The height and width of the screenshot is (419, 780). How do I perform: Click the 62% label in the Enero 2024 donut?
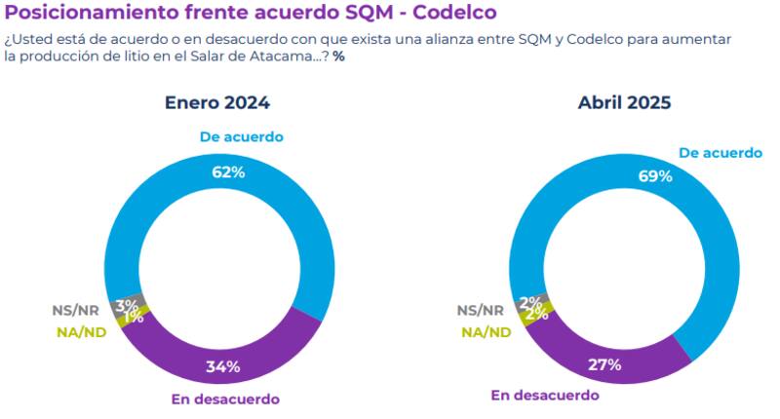[227, 172]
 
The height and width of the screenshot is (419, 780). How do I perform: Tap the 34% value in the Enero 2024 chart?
[224, 366]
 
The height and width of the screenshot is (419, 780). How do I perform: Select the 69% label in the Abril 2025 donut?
[655, 176]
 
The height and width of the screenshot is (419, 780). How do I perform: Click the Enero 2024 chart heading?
[216, 103]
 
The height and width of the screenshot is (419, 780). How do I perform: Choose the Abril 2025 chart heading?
[624, 103]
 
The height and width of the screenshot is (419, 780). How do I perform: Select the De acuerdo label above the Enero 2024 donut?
[241, 136]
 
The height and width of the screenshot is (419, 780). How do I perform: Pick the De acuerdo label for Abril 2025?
[720, 153]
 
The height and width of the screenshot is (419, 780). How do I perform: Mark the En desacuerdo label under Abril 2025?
[544, 395]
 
